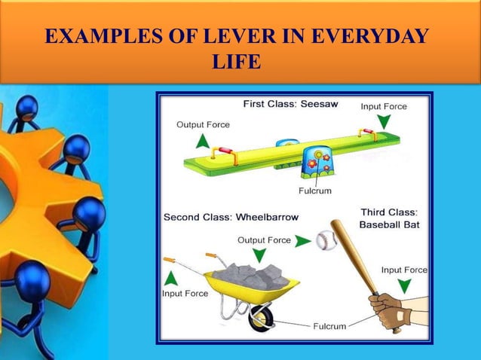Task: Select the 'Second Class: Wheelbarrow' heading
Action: point(231,217)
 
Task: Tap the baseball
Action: point(326,240)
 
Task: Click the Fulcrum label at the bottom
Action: point(329,326)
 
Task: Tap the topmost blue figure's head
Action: point(28,106)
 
